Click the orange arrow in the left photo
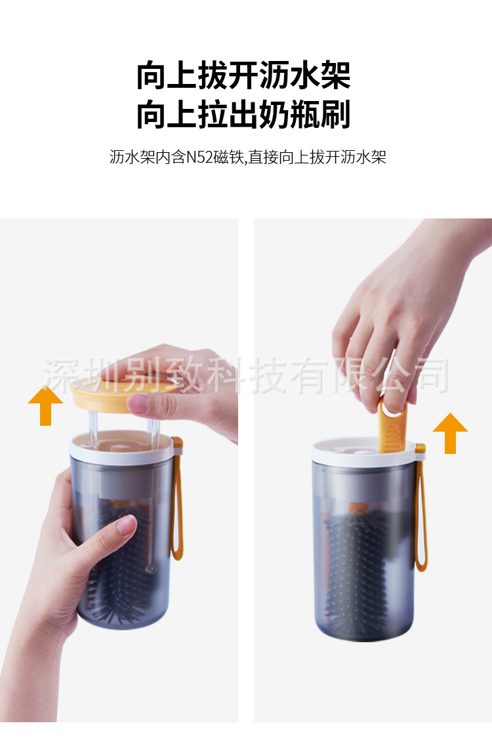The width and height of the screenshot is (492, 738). pyautogui.click(x=45, y=406)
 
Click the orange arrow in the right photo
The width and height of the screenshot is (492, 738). pyautogui.click(x=450, y=434)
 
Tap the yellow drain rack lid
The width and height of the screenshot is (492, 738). pyautogui.click(x=98, y=394)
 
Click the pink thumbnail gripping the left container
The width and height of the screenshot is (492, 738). pyautogui.click(x=124, y=525)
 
